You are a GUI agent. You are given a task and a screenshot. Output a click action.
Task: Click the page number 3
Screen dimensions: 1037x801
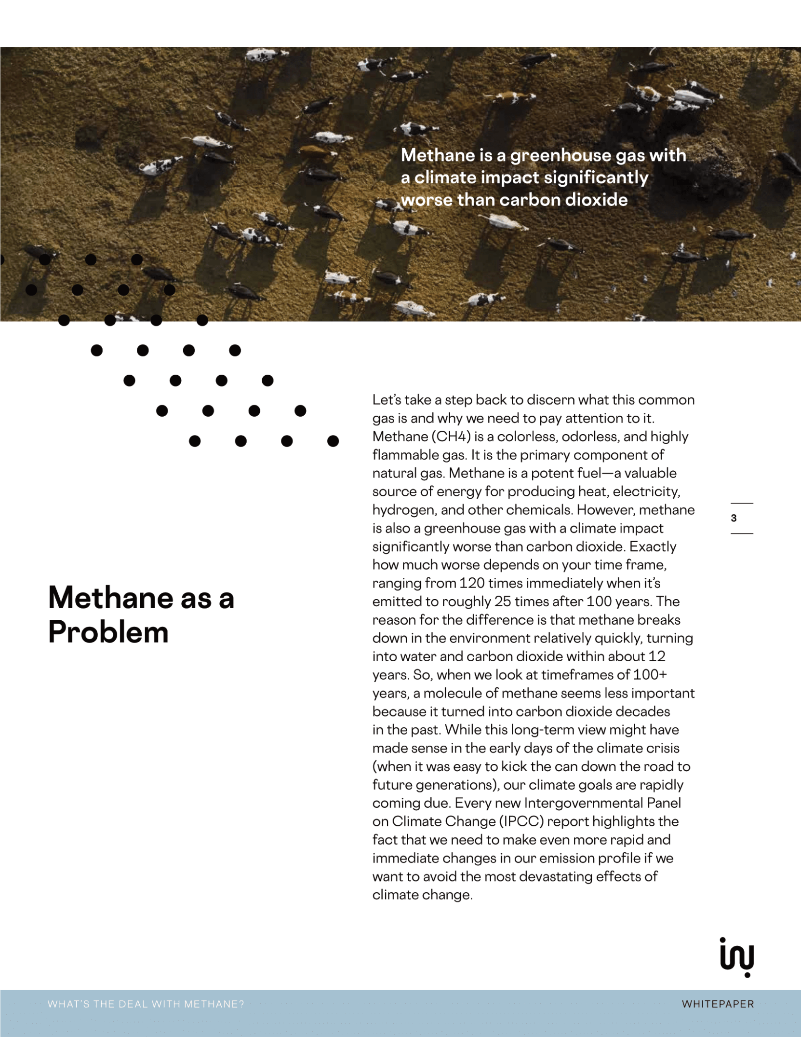click(x=734, y=518)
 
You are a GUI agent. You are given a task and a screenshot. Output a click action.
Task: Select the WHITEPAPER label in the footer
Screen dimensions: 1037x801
click(x=718, y=1004)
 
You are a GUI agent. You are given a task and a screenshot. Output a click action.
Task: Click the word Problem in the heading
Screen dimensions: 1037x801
click(x=108, y=632)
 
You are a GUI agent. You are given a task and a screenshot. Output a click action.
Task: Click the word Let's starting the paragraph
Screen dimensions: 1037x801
click(x=387, y=400)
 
